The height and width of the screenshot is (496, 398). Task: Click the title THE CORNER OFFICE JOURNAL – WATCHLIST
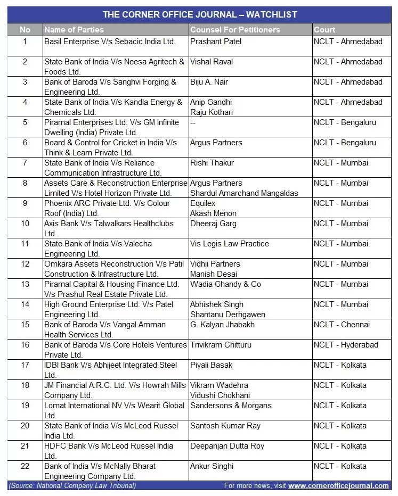[x=199, y=14]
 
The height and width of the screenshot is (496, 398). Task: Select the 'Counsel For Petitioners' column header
[x=235, y=30]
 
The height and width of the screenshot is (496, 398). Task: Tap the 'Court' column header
[x=324, y=30]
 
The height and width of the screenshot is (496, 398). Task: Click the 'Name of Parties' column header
[x=74, y=30]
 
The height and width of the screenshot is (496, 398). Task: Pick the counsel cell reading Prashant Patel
[x=216, y=42]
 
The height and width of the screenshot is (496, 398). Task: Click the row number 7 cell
[x=25, y=163]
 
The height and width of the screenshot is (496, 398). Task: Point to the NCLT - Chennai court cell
[x=342, y=325]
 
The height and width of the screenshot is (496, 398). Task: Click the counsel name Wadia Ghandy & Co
[x=225, y=284]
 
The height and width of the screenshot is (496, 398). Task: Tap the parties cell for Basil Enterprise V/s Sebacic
[x=110, y=42]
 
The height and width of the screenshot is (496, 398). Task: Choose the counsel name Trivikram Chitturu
[x=221, y=345]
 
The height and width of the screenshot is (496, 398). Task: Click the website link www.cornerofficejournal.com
[x=338, y=486]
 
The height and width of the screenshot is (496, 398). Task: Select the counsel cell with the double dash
[x=193, y=122]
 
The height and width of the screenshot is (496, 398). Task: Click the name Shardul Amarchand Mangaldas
[x=244, y=193]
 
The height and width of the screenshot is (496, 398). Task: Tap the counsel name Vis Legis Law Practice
[x=230, y=244]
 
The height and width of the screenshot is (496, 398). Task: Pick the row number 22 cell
[x=25, y=466]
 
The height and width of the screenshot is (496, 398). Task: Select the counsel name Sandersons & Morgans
[x=231, y=406]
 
